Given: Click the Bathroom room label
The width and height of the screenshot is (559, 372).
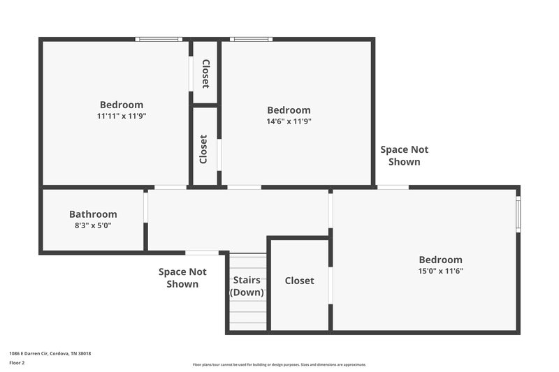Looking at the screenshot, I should (x=93, y=214).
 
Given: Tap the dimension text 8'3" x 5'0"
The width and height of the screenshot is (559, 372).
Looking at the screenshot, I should (x=93, y=225).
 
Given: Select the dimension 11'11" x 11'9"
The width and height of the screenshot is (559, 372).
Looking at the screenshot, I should (x=122, y=116).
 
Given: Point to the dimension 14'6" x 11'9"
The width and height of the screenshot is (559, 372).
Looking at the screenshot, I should (x=289, y=121).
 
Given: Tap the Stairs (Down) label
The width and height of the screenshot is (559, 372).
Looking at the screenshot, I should (x=247, y=286).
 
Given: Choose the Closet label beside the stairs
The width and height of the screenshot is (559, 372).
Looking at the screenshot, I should (x=299, y=281).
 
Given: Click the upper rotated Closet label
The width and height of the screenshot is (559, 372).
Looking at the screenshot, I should (x=205, y=74).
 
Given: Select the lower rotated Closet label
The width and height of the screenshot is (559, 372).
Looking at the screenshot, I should (x=203, y=149).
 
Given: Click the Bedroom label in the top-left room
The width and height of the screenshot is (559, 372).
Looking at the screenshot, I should (x=122, y=105).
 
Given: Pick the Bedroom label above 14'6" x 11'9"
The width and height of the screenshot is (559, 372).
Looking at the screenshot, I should (x=289, y=110).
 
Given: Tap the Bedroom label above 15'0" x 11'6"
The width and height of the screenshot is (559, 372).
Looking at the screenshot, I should (x=440, y=259).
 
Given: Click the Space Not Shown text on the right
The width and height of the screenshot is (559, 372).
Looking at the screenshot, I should (x=404, y=156).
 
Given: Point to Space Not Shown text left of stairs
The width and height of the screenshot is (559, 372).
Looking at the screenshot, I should (x=182, y=278).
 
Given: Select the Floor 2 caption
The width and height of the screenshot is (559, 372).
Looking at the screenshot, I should (x=17, y=363).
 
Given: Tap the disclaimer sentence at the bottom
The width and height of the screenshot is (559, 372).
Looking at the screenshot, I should (x=279, y=364).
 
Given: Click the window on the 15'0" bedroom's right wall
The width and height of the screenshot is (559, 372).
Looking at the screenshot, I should (x=518, y=214).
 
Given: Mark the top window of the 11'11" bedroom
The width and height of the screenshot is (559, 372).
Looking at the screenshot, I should (x=159, y=39).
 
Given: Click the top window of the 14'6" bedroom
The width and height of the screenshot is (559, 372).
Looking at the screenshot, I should (x=251, y=39).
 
